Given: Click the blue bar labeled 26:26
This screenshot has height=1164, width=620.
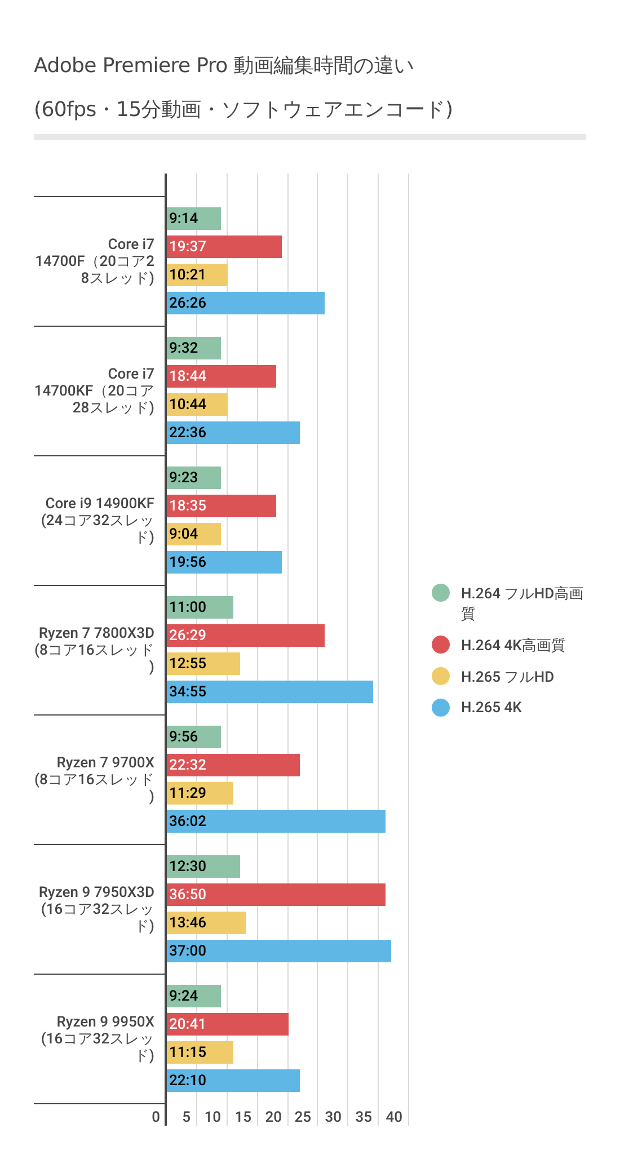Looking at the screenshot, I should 246,303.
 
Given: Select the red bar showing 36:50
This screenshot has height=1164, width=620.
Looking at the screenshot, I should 276,895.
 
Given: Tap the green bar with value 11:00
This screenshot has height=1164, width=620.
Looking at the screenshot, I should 200,607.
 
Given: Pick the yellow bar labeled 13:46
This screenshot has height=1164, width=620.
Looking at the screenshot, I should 206,923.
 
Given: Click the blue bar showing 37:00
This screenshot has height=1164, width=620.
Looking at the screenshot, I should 279,951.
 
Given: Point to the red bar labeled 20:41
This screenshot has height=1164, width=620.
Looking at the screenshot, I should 228,1024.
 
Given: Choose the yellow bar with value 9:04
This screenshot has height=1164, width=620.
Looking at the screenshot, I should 194,534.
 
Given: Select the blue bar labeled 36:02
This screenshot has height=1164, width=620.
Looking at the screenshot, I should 276,821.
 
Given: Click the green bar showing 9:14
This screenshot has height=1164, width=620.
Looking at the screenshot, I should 194,219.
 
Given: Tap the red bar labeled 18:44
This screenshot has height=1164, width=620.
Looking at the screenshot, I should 222,376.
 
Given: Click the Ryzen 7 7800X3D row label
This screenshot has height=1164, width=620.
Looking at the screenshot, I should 96,650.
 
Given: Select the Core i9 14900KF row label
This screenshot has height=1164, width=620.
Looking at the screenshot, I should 99,520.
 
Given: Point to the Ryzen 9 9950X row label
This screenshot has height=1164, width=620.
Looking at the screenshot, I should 99,1038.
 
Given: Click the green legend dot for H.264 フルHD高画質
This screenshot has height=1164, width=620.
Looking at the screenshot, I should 441,593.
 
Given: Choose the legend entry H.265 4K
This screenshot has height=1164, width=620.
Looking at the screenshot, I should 491,708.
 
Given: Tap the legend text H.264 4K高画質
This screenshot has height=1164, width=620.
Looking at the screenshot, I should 512,646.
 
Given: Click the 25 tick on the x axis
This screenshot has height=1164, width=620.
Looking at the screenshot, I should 303,1117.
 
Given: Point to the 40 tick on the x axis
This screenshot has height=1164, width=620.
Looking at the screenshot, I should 394,1117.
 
